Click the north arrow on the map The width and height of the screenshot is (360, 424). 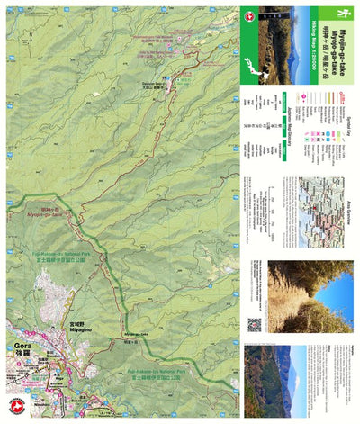(247, 15)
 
